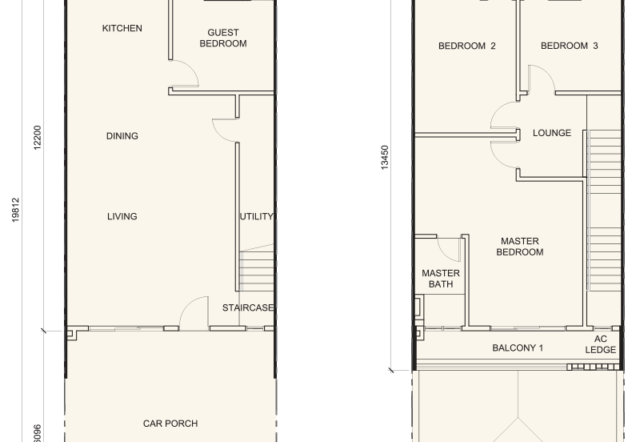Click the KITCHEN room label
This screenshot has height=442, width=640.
(x=122, y=28)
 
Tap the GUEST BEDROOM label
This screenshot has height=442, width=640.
(x=223, y=38)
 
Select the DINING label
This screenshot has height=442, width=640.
(x=122, y=136)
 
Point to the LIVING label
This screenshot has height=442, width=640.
(x=122, y=216)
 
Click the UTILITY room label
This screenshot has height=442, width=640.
(x=256, y=216)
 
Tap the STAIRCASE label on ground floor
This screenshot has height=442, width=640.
(x=248, y=307)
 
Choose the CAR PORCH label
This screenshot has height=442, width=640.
(x=170, y=424)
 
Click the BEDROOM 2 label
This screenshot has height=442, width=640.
(x=467, y=46)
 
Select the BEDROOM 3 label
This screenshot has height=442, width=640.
(x=570, y=46)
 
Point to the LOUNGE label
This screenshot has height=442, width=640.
(x=552, y=133)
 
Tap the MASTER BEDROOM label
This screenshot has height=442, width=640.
(x=520, y=247)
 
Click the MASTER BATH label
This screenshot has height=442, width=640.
(x=441, y=279)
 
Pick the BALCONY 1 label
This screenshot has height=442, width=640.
(x=518, y=348)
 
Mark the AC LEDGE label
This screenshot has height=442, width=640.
(x=601, y=344)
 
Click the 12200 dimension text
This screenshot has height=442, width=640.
(x=37, y=138)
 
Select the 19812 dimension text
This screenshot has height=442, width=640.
(x=15, y=210)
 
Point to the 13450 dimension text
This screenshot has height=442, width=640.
(x=385, y=157)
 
